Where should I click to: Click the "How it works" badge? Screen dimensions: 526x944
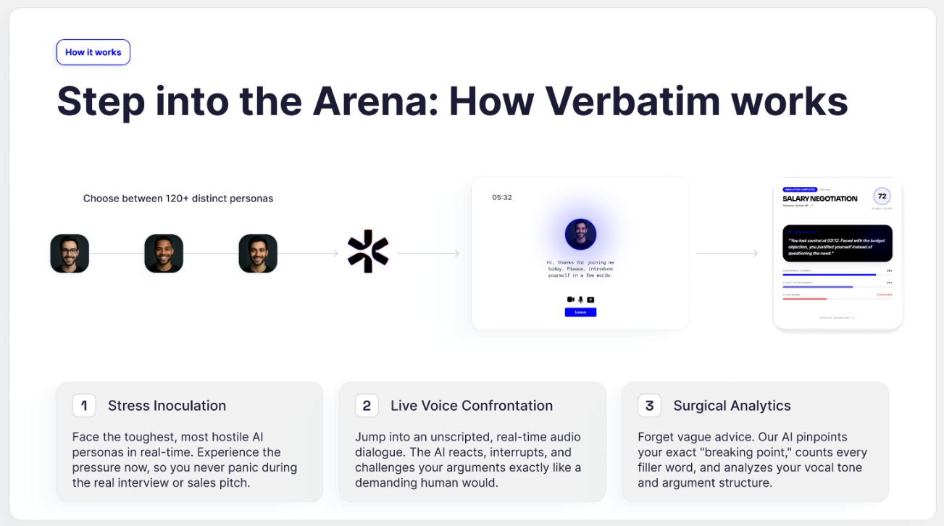93,52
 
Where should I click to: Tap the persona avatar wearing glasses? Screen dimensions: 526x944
70,254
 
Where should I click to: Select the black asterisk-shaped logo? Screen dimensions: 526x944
368,251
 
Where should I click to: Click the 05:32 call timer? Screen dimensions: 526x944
502,197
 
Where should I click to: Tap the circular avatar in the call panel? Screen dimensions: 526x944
580,234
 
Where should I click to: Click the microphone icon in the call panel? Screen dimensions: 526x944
580,299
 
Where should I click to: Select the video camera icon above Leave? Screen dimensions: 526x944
570,299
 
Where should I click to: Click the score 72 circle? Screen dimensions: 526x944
882,196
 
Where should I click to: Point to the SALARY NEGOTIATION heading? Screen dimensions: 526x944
819,199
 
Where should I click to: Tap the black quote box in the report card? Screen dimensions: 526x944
838,243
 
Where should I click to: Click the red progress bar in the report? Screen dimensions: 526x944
805,299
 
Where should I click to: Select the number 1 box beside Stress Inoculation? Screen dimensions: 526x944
84,406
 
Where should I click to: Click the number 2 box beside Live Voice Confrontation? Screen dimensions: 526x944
367,406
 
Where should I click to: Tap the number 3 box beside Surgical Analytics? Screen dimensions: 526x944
649,406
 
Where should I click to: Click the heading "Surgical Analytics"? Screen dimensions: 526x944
732,406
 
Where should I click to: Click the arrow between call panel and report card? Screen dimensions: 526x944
727,254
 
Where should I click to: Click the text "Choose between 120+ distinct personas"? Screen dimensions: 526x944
178,199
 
